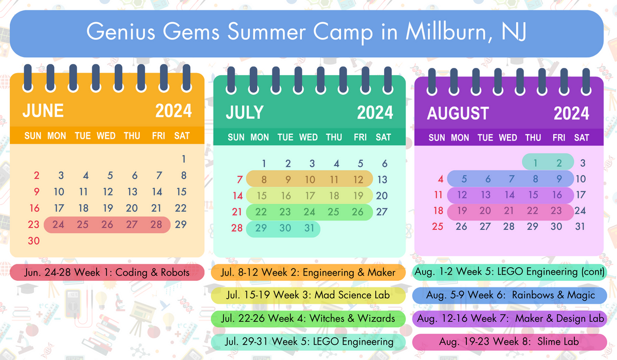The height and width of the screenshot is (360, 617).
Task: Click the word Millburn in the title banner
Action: point(444,33)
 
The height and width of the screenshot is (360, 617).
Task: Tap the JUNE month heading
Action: point(43,111)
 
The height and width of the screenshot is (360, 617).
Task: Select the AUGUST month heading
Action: point(458,113)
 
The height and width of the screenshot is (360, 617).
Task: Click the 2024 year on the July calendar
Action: point(375,113)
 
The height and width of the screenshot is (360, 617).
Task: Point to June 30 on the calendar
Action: point(34,241)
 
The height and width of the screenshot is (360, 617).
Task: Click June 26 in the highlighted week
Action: point(107,225)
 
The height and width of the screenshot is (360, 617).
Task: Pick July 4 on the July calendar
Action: point(336,164)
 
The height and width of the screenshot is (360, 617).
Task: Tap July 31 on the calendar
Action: point(309,228)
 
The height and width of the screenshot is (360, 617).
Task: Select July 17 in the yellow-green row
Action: point(310,196)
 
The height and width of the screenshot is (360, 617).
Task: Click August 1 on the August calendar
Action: point(535,164)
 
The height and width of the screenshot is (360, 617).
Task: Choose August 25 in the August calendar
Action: point(438,227)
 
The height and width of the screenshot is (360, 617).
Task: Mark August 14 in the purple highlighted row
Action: point(509,195)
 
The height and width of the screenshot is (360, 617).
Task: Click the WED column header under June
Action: point(106,136)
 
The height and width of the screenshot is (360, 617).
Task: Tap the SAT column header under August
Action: point(582,138)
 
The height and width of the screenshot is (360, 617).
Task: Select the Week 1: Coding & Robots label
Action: point(107,273)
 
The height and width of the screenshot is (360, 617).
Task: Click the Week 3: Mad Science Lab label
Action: point(308,295)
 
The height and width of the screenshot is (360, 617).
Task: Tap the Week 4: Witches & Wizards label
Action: point(308,318)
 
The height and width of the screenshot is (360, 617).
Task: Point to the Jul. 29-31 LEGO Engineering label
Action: point(308,341)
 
